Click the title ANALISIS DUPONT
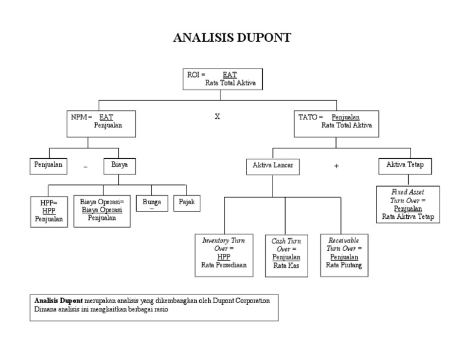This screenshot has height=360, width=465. (232, 38)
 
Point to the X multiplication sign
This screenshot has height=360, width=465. (217, 116)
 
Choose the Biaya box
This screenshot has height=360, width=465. (119, 164)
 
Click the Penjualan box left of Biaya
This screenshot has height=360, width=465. (48, 164)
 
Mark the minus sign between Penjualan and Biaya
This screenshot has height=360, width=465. (86, 166)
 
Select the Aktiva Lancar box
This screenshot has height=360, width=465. (272, 165)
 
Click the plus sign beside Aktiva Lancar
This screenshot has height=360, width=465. (336, 166)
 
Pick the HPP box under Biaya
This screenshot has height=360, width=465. (48, 211)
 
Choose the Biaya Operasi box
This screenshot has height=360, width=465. (102, 210)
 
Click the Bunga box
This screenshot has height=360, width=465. (151, 203)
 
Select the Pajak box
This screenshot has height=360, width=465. (186, 202)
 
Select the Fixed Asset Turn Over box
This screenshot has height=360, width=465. (407, 204)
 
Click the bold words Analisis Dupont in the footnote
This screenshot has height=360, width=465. (58, 301)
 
